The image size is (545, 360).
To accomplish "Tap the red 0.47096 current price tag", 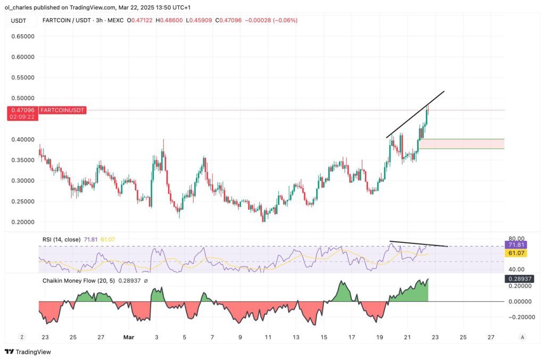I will [22, 110].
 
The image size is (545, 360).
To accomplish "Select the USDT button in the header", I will [19, 20].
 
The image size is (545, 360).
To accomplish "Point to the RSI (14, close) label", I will [61, 240].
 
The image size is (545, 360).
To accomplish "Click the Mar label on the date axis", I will [129, 337].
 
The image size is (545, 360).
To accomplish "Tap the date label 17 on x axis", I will [352, 337].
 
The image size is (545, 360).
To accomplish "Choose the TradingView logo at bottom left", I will [26, 351].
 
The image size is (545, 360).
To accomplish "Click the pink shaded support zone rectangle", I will [462, 144].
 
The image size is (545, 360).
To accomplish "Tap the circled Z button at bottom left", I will [22, 337].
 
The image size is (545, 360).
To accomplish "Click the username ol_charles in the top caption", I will [19, 7].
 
